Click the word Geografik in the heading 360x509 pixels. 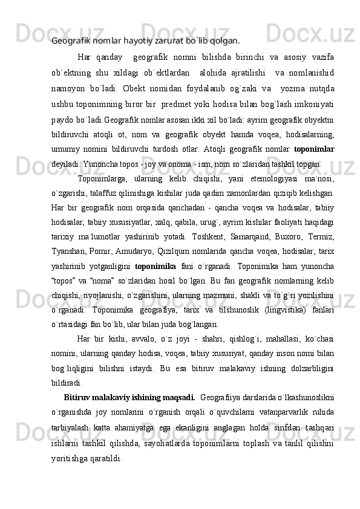click(x=70, y=41)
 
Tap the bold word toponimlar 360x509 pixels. click(x=315, y=132)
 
